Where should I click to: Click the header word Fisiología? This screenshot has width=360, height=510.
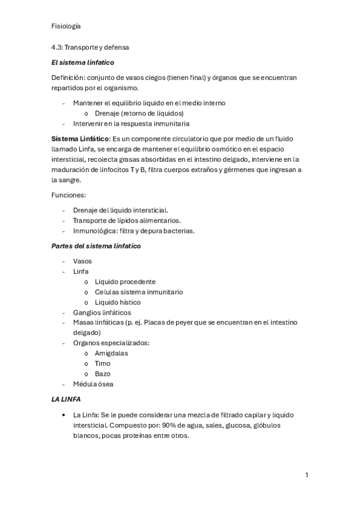67,26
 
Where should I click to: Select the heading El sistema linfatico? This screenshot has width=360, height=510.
82,62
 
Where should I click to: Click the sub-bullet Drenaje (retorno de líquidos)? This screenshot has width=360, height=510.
139,113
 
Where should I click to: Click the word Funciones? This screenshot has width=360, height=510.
68,195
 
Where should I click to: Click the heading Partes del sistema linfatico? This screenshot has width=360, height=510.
96,246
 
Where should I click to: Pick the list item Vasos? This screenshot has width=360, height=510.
82,261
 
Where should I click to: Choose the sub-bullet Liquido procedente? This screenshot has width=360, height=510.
125,281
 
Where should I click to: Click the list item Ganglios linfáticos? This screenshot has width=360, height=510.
102,313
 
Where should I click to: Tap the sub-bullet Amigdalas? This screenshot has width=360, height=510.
111,353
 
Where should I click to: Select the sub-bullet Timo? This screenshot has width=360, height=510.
102,363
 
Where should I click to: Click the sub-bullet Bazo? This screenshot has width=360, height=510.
102,373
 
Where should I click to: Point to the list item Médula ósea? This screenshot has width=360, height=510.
93,384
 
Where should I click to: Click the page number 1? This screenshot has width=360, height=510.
307,475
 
